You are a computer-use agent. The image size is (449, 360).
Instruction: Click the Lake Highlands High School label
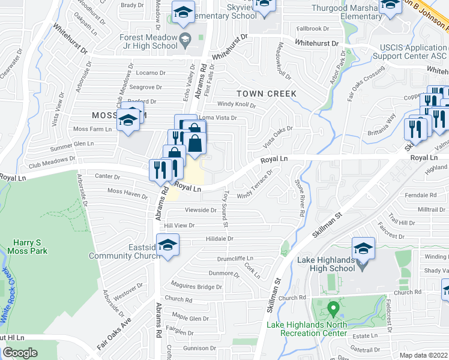[x=327, y=264]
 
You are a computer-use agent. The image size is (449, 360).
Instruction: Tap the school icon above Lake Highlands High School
[x=363, y=248]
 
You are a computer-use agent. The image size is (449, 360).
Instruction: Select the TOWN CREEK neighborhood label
[x=267, y=94]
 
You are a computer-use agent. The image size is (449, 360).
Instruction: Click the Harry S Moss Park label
[x=30, y=247]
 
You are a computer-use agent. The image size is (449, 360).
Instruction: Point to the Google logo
[x=20, y=353]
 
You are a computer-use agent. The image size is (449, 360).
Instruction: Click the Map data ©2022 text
[x=423, y=355]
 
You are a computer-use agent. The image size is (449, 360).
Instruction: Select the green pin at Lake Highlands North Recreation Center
[x=333, y=310]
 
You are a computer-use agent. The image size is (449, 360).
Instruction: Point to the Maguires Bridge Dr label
[x=197, y=287]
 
